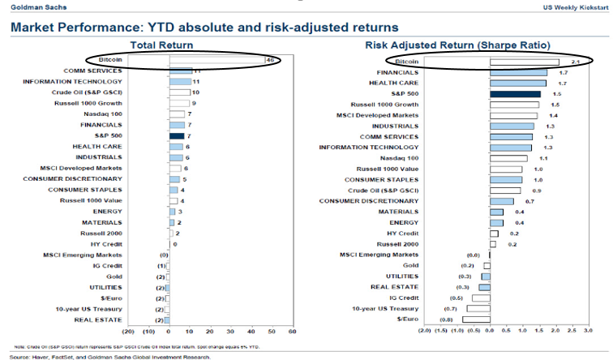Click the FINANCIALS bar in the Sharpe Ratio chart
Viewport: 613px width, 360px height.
pos(518,72)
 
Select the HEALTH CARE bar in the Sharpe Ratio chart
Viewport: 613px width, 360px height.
pos(518,83)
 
